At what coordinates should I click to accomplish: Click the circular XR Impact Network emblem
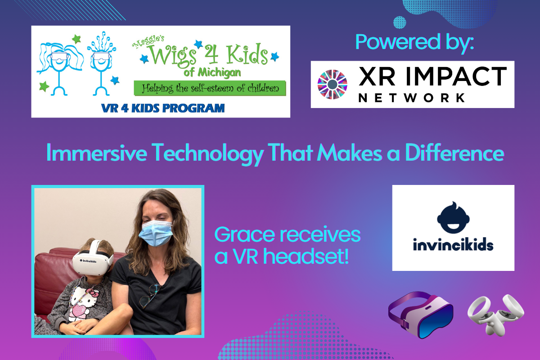point(333,85)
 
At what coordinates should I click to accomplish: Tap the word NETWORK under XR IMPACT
point(412,98)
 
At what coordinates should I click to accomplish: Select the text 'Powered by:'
point(414,43)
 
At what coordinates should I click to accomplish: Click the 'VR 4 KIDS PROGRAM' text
point(163,108)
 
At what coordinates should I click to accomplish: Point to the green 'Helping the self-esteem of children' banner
point(210,88)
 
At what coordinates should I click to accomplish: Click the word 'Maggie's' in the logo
point(148,42)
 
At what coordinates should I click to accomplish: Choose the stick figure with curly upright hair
point(102,64)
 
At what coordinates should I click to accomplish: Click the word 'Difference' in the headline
point(454,153)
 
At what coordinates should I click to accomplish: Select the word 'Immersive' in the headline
point(96,153)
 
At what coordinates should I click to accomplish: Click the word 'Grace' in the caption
point(245,234)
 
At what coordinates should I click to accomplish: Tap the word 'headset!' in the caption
point(306,256)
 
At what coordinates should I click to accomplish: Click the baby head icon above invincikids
point(453,218)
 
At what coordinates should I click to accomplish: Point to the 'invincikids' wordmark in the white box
point(453,244)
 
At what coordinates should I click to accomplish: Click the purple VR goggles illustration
point(421,315)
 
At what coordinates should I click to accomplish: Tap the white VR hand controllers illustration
point(495,315)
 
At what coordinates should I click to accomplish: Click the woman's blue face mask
point(156,233)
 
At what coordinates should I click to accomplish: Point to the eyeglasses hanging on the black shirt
point(150,296)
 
